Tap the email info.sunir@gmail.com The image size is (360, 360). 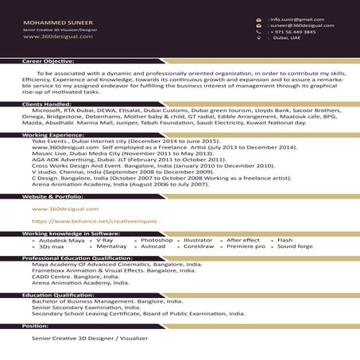coord(296,18)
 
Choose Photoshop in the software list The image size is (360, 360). coord(156,239)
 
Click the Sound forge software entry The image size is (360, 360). coord(295,246)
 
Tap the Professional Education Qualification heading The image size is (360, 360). coord(77,258)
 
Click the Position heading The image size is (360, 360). coord(36,326)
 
